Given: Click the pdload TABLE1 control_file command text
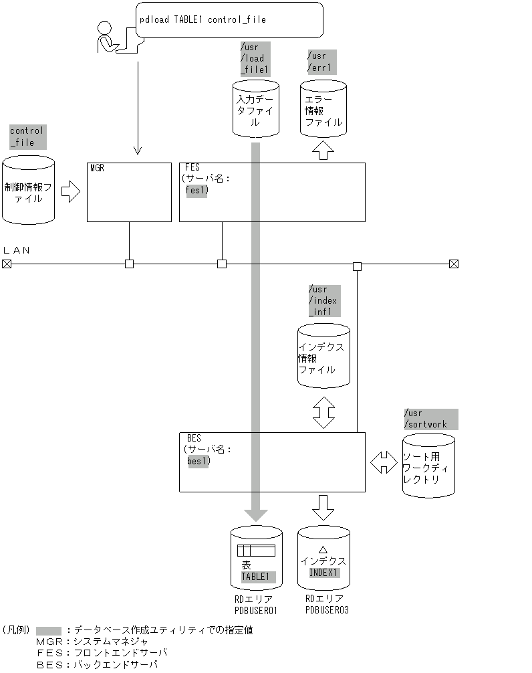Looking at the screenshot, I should (203, 19).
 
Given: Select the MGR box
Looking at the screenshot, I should (129, 191).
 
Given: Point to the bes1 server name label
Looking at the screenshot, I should (198, 461).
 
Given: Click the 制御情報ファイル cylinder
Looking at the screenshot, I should (28, 190).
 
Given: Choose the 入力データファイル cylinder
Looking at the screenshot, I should (256, 108).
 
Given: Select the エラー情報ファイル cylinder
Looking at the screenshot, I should (323, 108).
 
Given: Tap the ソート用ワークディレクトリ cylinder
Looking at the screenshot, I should (428, 465).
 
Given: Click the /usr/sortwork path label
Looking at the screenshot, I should (430, 419).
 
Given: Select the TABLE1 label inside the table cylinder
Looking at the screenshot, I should (255, 576).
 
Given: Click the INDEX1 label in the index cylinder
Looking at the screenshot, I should (324, 573).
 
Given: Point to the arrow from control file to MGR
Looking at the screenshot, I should (70, 192).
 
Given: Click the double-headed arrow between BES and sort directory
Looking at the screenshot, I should (384, 462).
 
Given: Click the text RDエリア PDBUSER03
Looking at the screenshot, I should (326, 604).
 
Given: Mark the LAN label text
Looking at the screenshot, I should (17, 250).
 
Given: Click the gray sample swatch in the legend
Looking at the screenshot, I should (49, 630).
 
